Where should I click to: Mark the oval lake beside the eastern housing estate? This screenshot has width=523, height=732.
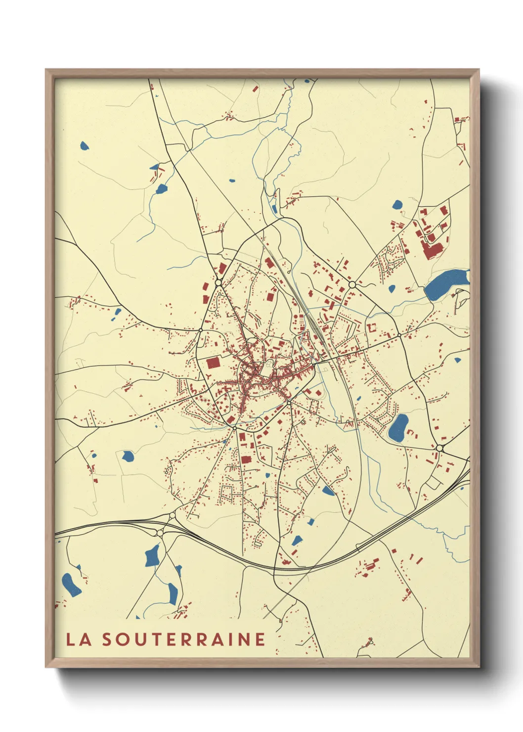(x=398, y=428)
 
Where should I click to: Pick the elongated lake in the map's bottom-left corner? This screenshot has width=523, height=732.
(x=71, y=585)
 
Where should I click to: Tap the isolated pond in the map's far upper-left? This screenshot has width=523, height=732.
(x=84, y=146)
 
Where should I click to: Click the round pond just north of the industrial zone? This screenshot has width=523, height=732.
(x=397, y=204)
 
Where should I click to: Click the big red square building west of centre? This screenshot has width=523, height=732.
(x=213, y=363)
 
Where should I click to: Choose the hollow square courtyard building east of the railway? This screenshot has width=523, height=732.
(x=371, y=327)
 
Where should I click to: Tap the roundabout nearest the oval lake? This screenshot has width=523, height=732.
(x=439, y=448)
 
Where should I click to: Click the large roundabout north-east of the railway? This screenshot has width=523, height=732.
(x=352, y=285)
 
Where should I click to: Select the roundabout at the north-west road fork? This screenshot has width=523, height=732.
(x=218, y=283)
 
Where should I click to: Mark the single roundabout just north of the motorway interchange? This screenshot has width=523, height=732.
(x=172, y=516)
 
